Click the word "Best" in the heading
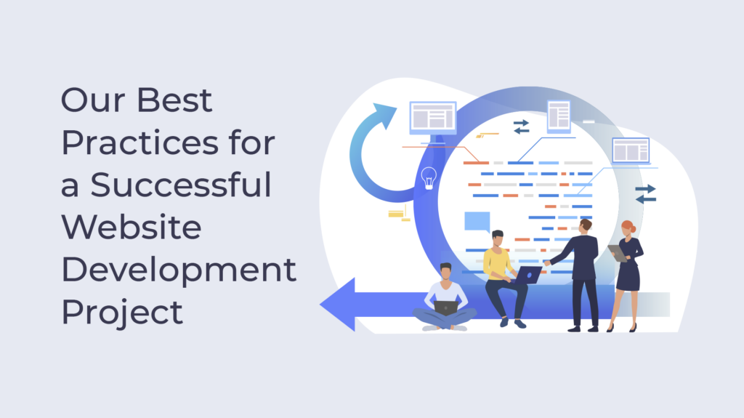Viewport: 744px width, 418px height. coord(177,100)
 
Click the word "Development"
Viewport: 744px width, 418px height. coord(179,270)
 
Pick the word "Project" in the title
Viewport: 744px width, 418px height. coord(121,313)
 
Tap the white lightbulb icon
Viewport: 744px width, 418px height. coord(429,177)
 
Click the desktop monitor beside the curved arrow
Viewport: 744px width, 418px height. coord(433,118)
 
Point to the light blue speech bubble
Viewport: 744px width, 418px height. coord(477,221)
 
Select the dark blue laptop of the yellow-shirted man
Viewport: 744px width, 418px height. coord(529,275)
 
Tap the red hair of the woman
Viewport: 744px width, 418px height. coord(628,227)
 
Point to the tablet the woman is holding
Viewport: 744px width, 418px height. coord(617,252)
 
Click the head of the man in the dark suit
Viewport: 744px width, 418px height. coord(586,225)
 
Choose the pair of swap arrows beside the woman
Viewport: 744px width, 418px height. coord(645,193)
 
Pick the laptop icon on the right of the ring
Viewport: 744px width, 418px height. coord(630,150)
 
